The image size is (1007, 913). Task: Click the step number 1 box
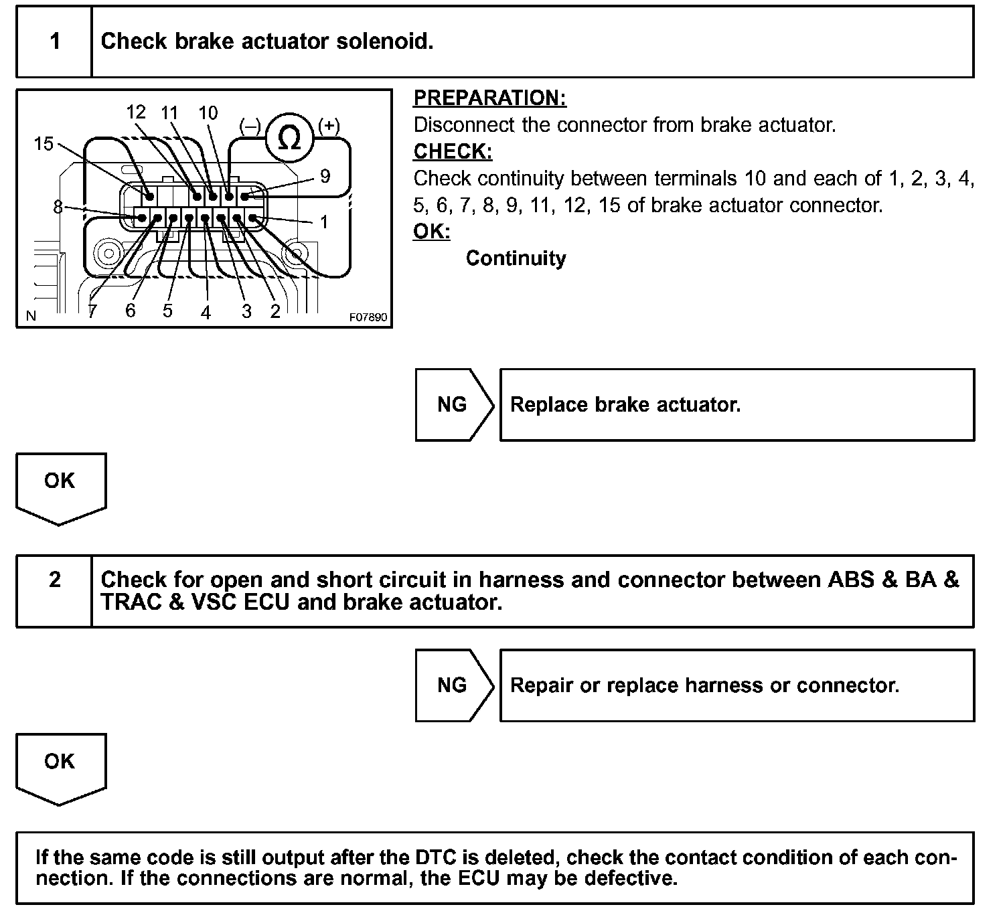[x=54, y=42]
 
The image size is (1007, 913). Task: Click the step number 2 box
[x=54, y=580]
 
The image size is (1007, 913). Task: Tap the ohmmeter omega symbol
[x=289, y=139]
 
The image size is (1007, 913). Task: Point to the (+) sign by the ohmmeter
[x=329, y=125]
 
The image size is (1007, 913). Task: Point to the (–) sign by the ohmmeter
[x=250, y=126]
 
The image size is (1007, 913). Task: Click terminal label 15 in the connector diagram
[x=44, y=143]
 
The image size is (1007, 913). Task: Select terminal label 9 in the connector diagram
[x=325, y=176]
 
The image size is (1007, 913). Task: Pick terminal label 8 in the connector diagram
[x=58, y=207]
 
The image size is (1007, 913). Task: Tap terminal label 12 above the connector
[x=136, y=112]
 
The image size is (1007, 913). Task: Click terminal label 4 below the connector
[x=206, y=312]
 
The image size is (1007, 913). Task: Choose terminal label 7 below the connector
[x=92, y=311]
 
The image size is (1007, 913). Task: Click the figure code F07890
[x=368, y=317]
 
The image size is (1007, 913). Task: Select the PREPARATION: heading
[x=489, y=98]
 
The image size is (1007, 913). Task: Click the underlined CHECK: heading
[x=453, y=152]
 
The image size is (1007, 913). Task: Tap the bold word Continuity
[x=516, y=258]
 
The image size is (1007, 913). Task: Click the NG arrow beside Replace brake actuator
[x=453, y=404]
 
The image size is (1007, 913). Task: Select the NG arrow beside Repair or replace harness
[x=453, y=685]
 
